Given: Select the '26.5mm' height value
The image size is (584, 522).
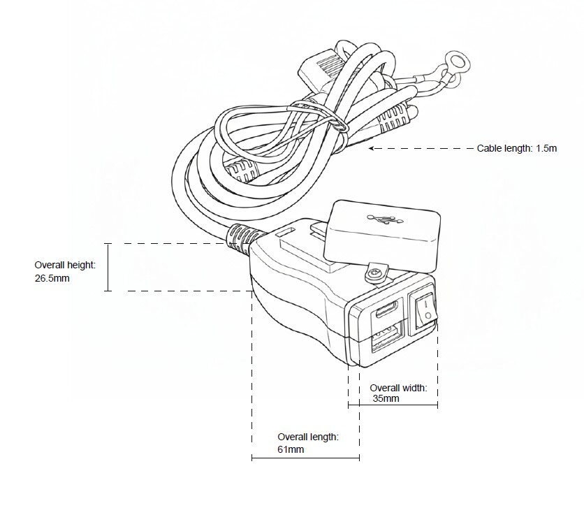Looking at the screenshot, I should [52, 277].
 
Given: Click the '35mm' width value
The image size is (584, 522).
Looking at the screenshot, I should [385, 398].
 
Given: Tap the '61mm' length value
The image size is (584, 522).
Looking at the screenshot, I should [291, 449].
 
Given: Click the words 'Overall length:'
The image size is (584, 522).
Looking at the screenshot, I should [308, 437].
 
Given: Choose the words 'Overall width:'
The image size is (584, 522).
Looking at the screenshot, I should [398, 387].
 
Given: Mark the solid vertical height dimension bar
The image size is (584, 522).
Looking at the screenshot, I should [108, 267].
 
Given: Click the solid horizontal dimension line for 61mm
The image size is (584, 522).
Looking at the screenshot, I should [305, 458].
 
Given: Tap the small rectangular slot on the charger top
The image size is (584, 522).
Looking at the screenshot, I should [285, 229].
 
